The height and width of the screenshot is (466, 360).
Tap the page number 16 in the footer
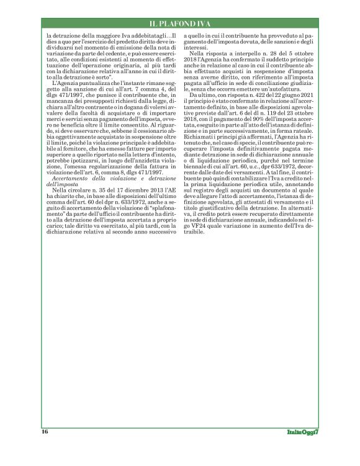pyautogui.click(x=45, y=431)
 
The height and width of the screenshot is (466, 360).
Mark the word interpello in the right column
pyautogui.click(x=234, y=55)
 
